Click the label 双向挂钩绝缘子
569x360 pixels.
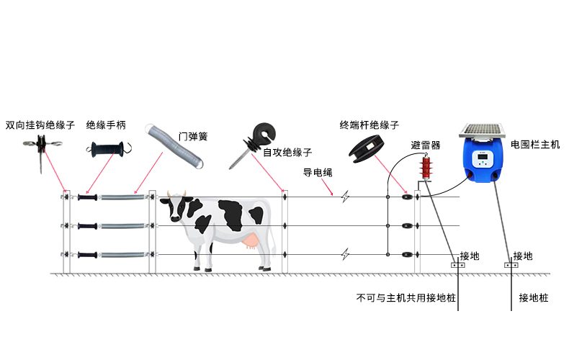click(40, 125)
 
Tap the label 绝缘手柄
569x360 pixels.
click(106, 125)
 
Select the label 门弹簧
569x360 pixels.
click(193, 137)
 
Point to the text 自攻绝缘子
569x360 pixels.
click(287, 153)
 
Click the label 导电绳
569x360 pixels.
click(318, 172)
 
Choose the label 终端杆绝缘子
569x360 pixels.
click(369, 125)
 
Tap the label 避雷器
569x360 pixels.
click(426, 145)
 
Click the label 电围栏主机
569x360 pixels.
click(535, 145)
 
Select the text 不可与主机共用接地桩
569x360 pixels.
click(406, 298)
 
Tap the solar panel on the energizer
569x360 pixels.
click(483, 130)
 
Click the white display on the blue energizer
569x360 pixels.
click(483, 158)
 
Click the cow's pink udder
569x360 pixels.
click(251, 241)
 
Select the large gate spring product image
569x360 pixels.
click(174, 146)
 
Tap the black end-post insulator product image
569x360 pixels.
click(367, 149)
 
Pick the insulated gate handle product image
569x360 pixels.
click(109, 149)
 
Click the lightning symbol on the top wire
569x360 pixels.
click(345, 197)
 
